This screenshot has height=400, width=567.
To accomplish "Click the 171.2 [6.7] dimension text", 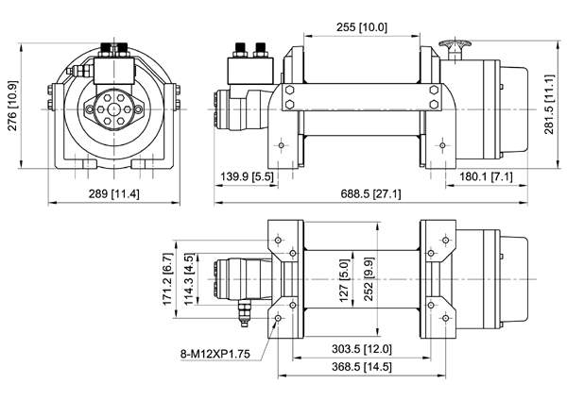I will [x=167, y=280].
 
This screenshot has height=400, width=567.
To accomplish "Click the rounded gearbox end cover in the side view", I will [x=510, y=109].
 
